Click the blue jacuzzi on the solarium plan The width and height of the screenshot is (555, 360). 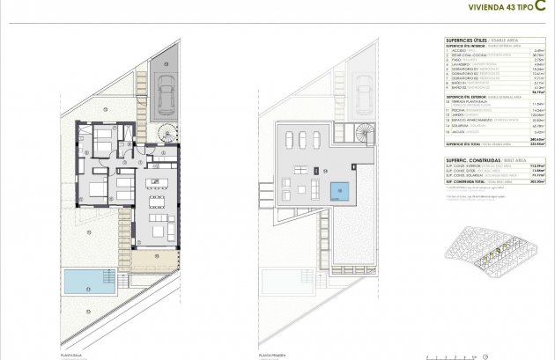[338, 190]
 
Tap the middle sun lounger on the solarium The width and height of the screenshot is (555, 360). [302, 143]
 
